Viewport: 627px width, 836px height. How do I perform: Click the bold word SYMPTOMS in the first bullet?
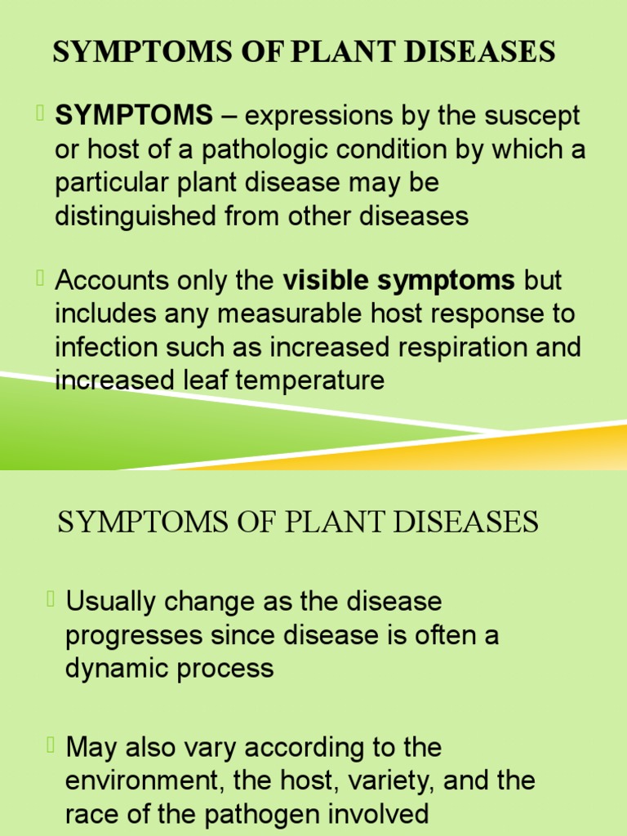coord(133,116)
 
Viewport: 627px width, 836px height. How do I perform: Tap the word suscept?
coord(535,116)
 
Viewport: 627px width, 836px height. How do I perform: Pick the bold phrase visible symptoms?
coord(398,281)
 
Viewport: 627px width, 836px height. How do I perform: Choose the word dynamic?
coord(117,669)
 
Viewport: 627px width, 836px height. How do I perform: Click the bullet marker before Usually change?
coord(51,600)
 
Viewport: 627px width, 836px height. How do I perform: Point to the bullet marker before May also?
coord(51,745)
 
